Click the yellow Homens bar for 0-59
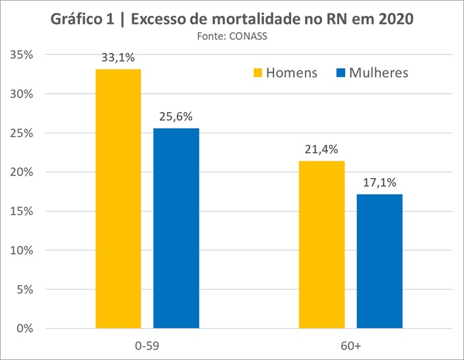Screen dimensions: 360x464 pos(118,198)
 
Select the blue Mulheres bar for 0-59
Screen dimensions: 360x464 pos(176,227)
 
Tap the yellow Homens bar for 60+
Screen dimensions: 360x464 pos(321,244)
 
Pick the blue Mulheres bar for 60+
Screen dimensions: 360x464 pos(380,260)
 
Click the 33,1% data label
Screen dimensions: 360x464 pos(118,57)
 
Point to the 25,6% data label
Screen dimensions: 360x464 pos(176,117)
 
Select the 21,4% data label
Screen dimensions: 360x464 pos(321,150)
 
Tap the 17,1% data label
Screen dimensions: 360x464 pos(380,183)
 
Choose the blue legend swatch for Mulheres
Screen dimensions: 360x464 pos(340,73)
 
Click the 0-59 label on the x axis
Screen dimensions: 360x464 pos(147,345)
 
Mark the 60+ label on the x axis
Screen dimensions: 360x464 pos(350,345)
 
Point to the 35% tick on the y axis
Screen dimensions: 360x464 pos(23,55)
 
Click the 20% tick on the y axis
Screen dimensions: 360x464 pos(23,172)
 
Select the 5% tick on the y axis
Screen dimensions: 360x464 pos(26,289)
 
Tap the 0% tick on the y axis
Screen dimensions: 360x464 pos(26,328)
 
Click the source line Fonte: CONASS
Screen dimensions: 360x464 pos(232,36)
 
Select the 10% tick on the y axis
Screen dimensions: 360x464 pos(23,251)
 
